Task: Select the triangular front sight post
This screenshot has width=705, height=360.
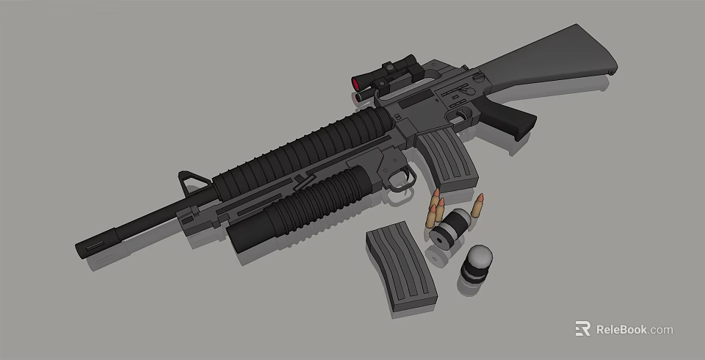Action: (x=192, y=181)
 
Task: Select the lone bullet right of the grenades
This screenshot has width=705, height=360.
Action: (x=480, y=206)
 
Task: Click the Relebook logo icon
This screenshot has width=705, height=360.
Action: (x=582, y=329)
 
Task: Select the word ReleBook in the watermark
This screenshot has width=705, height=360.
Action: (x=621, y=329)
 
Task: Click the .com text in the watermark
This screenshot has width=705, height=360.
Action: (x=660, y=330)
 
